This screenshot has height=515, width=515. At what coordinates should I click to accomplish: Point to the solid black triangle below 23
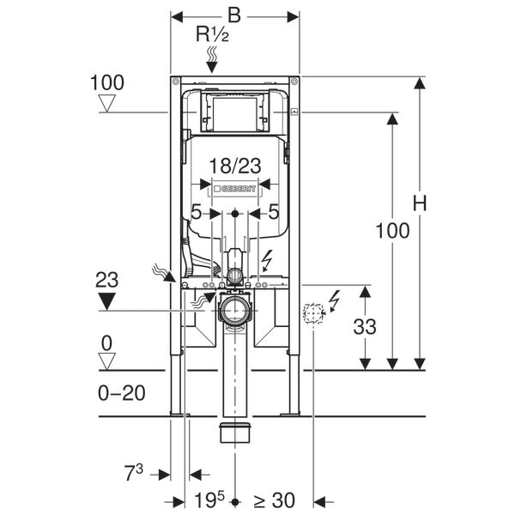(107, 300)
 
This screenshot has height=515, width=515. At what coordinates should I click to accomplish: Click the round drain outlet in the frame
(233, 310)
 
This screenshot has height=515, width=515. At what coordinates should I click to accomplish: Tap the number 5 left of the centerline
(197, 211)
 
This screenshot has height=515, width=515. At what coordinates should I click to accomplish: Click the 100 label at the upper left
(107, 83)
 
